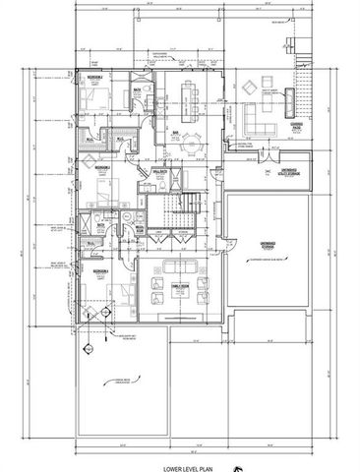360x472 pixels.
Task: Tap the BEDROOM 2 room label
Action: [92, 76]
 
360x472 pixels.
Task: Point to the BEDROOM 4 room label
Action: [100, 268]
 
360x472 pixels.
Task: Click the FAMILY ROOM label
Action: [179, 286]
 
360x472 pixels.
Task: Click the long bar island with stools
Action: [186, 97]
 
